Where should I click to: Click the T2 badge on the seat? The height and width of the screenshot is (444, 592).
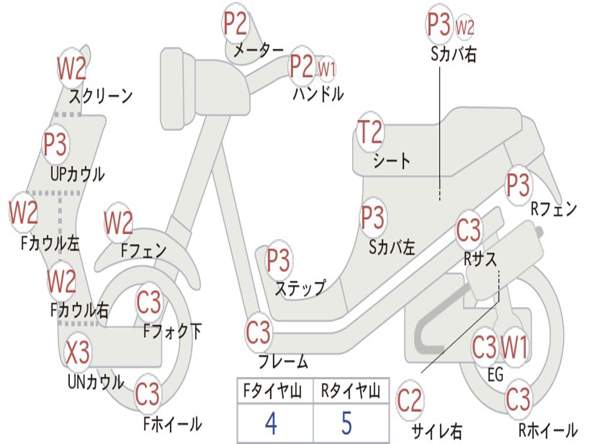pos(370,133)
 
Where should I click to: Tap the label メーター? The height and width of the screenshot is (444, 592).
pos(258,51)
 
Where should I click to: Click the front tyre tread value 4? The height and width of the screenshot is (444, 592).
pos(271,423)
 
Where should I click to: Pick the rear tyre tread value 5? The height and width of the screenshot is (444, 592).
pos(346,423)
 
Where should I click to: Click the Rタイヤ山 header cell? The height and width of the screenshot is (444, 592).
pos(350,392)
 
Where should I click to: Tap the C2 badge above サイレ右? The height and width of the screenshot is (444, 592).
pos(410,401)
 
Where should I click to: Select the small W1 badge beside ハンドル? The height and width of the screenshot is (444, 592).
pos(327,69)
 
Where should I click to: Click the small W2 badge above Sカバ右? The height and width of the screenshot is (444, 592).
pos(465,27)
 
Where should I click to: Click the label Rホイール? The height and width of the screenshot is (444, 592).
pos(547,430)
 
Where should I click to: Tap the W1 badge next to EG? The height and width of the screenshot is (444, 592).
pos(514,348)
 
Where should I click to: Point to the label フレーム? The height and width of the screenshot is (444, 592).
pos(283,362)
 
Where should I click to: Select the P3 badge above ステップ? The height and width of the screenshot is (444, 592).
pos(278,261)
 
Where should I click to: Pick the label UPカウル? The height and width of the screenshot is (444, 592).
pos(77,173)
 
